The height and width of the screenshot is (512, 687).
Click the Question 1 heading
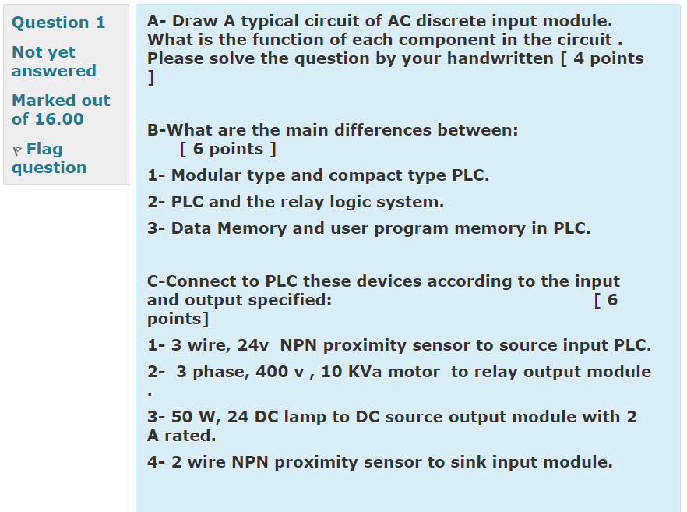coord(58,23)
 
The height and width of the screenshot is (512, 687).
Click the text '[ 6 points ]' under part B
coord(227,149)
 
